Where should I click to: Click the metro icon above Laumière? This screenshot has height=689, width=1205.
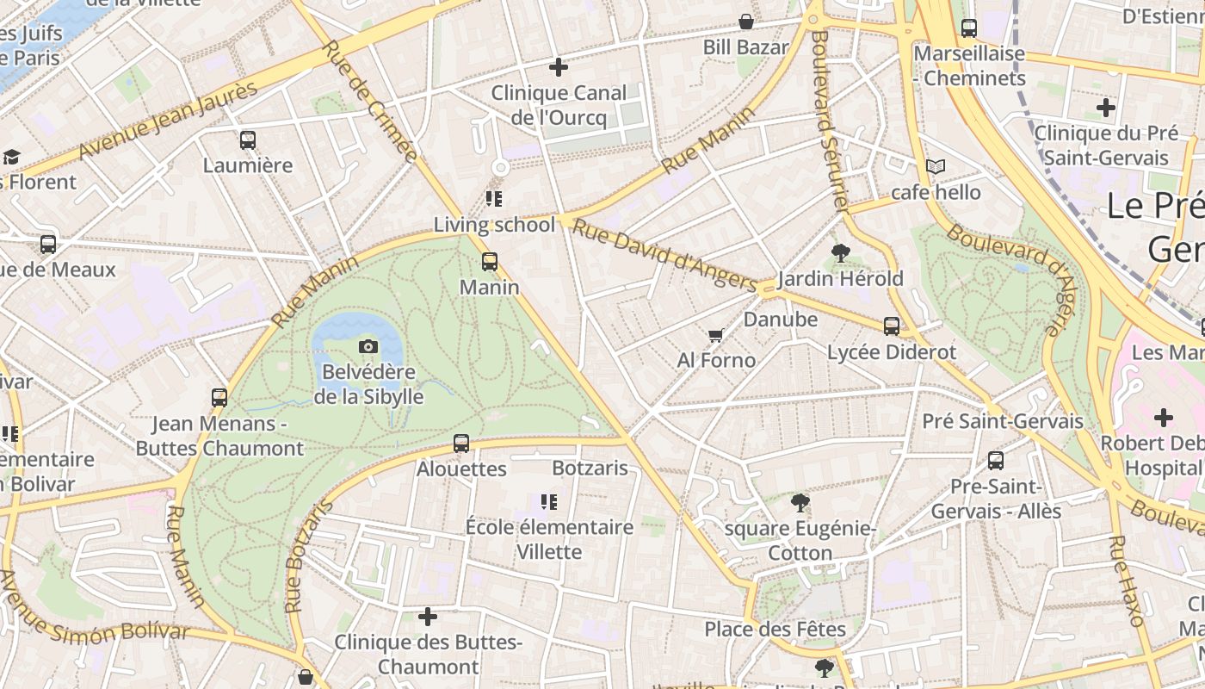[248, 140]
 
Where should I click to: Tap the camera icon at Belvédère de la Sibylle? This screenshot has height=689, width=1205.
[368, 346]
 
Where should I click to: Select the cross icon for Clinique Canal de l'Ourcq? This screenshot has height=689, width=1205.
[559, 66]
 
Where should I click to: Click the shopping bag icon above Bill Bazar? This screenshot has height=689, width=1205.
[745, 22]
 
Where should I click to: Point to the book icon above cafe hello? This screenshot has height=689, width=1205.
[936, 166]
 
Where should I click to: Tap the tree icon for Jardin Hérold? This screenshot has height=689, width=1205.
[841, 253]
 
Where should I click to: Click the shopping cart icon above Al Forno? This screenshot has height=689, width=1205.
[715, 335]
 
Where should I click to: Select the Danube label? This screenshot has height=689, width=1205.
[780, 320]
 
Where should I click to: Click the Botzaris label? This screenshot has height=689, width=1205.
[590, 469]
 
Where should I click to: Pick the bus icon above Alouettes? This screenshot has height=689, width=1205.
[461, 444]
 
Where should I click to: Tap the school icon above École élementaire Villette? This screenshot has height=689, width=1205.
[548, 501]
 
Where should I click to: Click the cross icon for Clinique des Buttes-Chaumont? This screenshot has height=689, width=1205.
[428, 617]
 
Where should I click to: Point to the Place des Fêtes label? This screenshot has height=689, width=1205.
[775, 629]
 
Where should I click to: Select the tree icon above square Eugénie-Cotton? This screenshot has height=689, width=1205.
[800, 502]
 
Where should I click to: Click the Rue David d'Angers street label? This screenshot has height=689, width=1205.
[664, 256]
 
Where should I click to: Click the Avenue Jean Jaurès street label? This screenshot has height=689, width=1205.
[169, 120]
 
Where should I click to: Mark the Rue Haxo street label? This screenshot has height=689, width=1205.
[1127, 580]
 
